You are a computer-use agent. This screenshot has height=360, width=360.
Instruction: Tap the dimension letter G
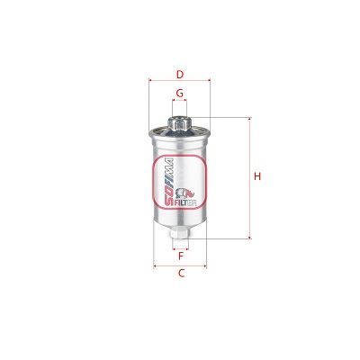coord(180,94)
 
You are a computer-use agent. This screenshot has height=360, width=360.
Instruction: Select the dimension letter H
coord(256,176)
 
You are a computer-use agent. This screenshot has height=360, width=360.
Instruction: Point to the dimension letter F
coord(180,256)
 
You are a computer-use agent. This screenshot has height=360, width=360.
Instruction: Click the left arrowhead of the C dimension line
coord(156,265)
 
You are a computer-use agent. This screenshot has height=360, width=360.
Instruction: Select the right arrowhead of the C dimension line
coord(205,265)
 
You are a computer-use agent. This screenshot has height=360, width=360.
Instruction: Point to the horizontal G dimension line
coord(180,103)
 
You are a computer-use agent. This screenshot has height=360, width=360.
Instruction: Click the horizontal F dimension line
coord(180,247)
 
